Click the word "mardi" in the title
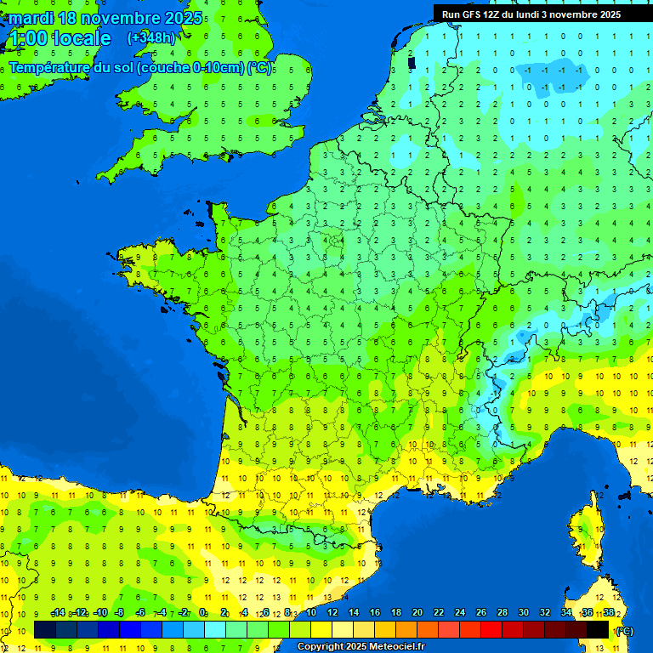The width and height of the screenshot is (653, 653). point(31,18)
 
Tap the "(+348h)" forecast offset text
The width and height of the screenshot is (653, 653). point(150,38)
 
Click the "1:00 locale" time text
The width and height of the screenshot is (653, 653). point(58,38)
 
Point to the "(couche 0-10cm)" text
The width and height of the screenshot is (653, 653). point(190,68)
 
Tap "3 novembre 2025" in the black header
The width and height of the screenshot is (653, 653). point(581,14)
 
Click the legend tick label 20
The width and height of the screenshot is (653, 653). point(417,613)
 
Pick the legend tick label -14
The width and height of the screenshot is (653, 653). point(58,613)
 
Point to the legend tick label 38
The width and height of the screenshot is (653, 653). point(609,613)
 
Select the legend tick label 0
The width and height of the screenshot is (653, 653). point(203,613)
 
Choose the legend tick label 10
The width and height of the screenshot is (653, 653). point(311,613)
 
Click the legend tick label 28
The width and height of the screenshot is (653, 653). point(503,613)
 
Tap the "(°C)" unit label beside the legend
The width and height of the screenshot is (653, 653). point(624,631)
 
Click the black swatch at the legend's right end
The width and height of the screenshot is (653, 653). point(598,630)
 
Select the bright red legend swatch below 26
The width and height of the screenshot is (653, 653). point(491,630)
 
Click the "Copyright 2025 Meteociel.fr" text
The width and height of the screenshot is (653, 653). point(361,647)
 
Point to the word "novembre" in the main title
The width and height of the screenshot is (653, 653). point(118,18)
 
